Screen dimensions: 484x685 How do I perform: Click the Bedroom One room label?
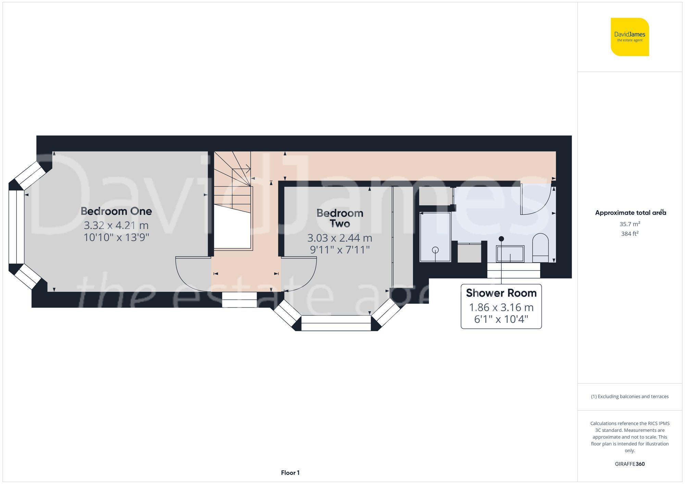click(116, 211)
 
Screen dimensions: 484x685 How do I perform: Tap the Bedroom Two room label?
click(340, 218)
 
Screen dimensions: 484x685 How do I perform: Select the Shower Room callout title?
click(501, 293)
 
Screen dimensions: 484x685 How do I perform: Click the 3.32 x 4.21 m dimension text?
click(116, 225)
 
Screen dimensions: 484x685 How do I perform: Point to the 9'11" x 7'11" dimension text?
click(340, 250)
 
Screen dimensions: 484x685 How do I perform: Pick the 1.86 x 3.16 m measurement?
click(501, 308)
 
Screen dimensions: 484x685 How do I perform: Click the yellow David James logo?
click(630, 37)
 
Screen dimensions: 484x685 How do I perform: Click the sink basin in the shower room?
click(510, 254)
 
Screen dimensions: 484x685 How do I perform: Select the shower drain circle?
click(435, 250)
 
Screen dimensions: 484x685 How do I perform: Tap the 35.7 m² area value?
click(630, 224)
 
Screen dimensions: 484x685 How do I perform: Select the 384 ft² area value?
click(630, 234)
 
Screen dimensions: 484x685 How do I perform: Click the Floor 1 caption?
click(290, 473)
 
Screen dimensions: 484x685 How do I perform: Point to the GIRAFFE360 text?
click(630, 464)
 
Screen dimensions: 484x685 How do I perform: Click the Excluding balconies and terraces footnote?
click(630, 396)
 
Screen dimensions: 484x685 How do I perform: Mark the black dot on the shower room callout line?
click(501, 239)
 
